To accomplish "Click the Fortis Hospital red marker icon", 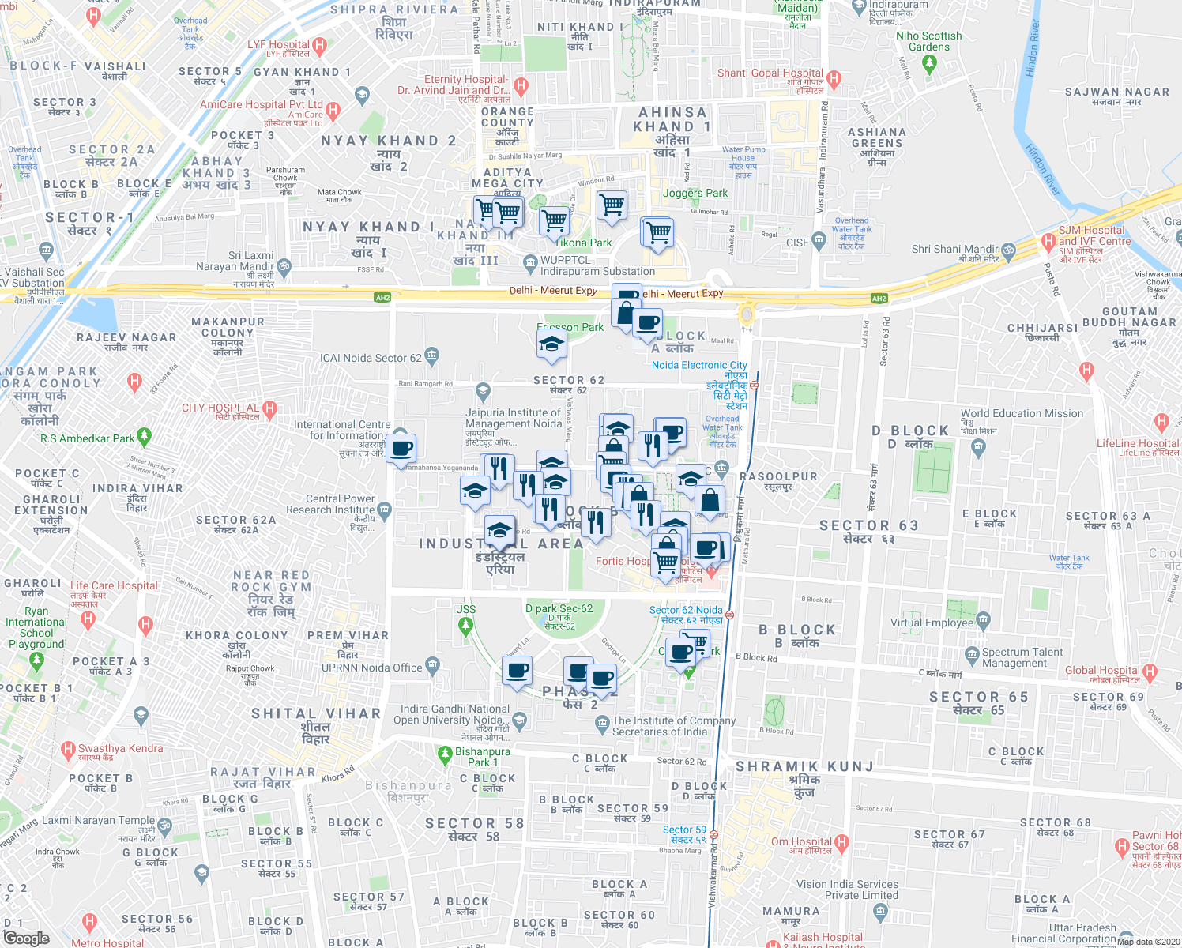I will tap(711, 572).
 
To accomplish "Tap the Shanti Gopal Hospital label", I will tap(770, 73).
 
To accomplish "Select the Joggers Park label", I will tap(695, 193).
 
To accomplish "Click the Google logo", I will tap(26, 939).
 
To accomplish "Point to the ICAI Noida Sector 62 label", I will tap(371, 358).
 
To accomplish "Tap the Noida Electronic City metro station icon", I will tap(755, 386).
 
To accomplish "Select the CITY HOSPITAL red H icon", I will tap(270, 409).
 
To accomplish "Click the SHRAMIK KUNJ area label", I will tap(804, 766).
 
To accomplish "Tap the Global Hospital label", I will tap(1102, 670).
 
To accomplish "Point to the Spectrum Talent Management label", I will tap(1022, 657).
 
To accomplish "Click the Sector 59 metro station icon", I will tap(713, 834).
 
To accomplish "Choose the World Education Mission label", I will tap(1022, 413).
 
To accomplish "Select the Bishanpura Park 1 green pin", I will tap(445, 754).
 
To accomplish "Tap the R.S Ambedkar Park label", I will tap(88, 438).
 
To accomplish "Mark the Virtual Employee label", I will tap(932, 623).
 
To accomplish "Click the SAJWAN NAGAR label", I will tap(1116, 92).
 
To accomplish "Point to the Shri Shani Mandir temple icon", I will tap(1008, 250).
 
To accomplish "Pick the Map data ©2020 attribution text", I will tap(1148, 941).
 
